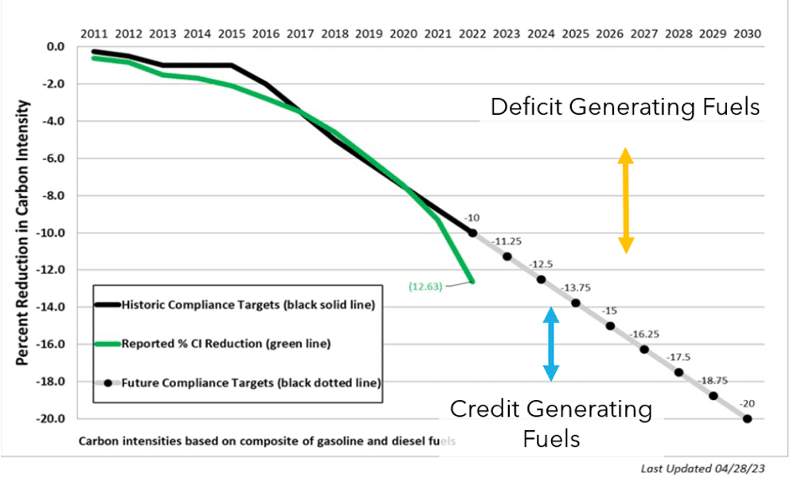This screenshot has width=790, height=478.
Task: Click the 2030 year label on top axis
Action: (747, 34)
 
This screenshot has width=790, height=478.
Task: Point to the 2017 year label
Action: (300, 34)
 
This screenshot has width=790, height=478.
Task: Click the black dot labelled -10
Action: (472, 233)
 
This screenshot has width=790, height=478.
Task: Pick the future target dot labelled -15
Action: (610, 326)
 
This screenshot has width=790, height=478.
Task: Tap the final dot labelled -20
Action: (747, 418)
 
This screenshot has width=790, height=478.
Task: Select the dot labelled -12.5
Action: (542, 280)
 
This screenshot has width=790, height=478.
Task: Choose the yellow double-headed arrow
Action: (626, 200)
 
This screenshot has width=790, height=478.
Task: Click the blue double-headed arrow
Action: (550, 343)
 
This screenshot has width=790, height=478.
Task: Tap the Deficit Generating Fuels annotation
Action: (625, 107)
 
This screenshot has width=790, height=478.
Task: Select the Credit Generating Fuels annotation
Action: (550, 423)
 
